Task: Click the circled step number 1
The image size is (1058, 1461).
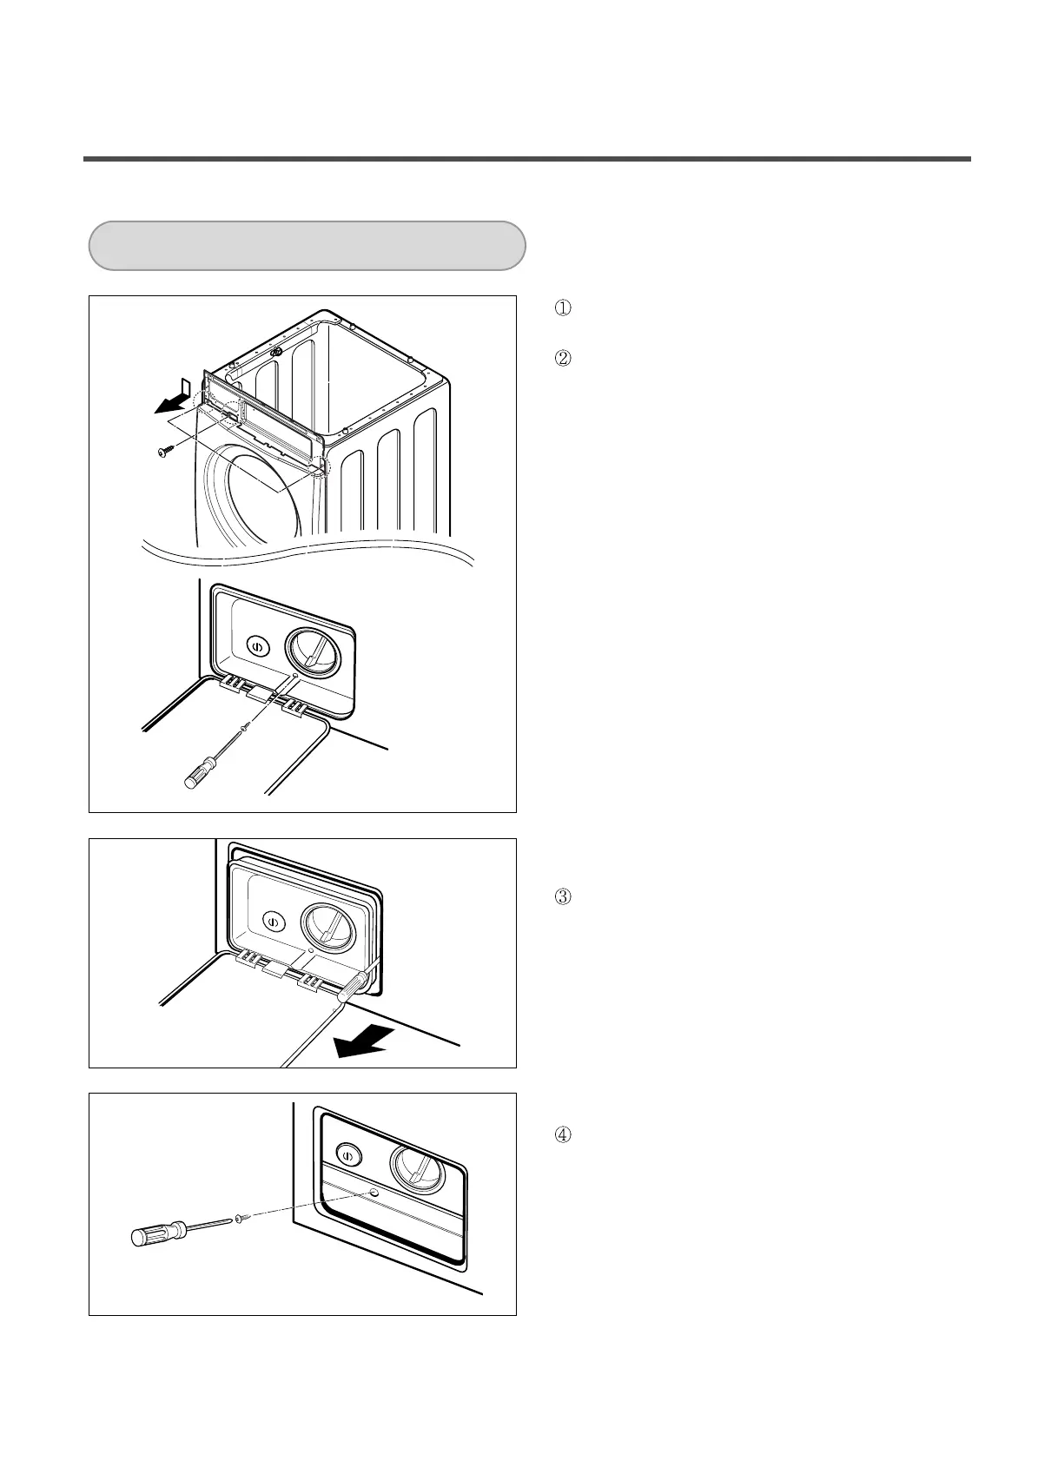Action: pyautogui.click(x=562, y=307)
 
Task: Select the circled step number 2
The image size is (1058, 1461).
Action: pyautogui.click(x=562, y=357)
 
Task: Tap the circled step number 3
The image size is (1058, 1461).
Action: pyautogui.click(x=562, y=896)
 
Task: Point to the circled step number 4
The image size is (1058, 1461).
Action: pyautogui.click(x=562, y=1134)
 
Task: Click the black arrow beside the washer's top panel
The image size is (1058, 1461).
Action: pyautogui.click(x=170, y=401)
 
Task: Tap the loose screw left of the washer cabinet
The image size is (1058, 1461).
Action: pyautogui.click(x=165, y=451)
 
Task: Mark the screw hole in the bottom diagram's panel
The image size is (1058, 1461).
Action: pyautogui.click(x=374, y=1193)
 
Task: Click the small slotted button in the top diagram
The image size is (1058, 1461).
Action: pyautogui.click(x=257, y=646)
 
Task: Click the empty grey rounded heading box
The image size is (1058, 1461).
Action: pyautogui.click(x=307, y=246)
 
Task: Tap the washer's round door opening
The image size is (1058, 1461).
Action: pyautogui.click(x=252, y=495)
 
